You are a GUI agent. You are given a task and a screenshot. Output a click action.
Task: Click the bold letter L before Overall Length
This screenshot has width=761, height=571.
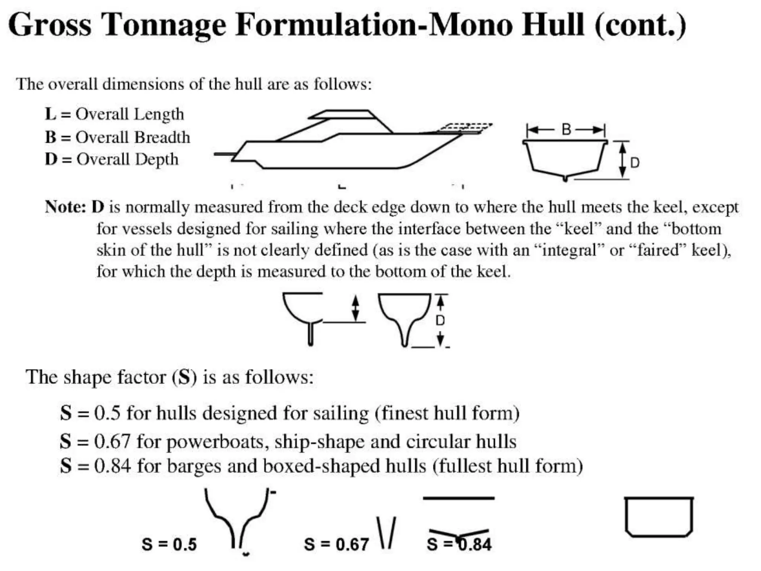50,114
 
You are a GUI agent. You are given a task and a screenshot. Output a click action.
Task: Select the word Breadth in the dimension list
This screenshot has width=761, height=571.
162,137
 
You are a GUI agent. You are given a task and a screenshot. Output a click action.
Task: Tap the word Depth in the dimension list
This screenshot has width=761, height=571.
156,159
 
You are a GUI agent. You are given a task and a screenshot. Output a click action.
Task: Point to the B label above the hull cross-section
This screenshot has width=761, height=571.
566,130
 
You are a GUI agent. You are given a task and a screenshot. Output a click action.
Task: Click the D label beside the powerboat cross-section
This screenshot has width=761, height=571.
635,163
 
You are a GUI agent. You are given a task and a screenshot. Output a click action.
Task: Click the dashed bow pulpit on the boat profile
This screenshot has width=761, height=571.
464,128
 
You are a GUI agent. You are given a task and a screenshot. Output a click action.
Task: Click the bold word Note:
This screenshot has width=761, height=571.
65,207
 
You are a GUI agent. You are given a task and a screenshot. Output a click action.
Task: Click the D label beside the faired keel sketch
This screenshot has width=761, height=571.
440,320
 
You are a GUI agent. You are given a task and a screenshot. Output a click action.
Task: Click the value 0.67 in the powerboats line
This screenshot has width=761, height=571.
112,442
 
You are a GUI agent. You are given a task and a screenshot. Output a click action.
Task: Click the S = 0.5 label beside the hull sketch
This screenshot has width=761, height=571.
169,545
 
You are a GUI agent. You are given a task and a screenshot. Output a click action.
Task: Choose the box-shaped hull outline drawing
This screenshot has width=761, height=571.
659,517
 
